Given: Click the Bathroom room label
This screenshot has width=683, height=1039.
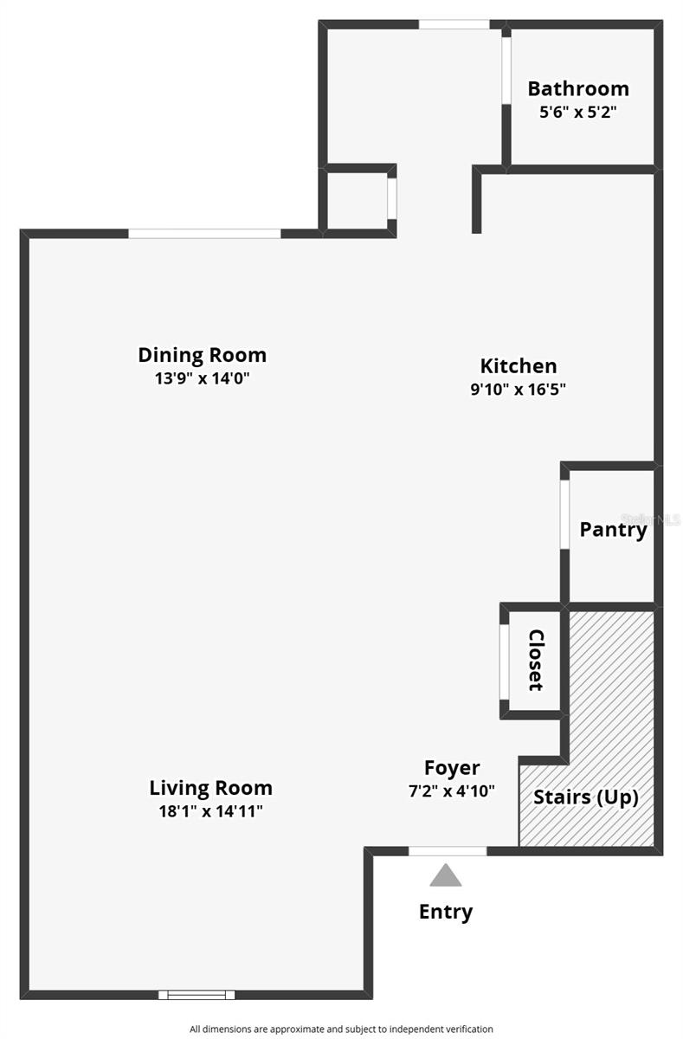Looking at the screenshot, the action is [578, 88].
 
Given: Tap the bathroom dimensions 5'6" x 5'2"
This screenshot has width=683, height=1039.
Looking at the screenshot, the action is [577, 112].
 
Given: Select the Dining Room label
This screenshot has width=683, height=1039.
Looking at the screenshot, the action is [203, 355].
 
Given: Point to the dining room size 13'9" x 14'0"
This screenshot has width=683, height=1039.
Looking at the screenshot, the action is [203, 378].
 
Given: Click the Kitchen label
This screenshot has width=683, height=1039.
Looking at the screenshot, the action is [519, 366].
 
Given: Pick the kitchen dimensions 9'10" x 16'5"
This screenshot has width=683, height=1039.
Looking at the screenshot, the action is [518, 389].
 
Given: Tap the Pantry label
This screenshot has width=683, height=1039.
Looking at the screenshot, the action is [614, 530].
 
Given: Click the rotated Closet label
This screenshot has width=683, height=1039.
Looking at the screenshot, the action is [536, 660].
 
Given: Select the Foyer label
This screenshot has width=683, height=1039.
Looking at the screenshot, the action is [452, 769].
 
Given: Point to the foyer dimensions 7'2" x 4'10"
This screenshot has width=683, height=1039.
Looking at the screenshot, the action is [452, 791].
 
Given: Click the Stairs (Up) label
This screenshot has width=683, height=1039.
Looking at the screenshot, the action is [586, 797].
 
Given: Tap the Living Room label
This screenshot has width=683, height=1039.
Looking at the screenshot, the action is [210, 788].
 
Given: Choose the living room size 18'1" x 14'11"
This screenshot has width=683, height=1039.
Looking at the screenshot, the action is [210, 811].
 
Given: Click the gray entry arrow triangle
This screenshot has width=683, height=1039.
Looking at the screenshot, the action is [446, 875].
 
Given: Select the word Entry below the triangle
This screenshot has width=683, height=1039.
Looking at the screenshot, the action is [446, 913].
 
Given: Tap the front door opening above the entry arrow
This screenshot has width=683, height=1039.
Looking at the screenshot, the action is [448, 850].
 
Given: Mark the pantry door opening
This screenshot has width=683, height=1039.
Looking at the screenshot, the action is [564, 514].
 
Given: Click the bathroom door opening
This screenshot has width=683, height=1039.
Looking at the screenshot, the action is [506, 70].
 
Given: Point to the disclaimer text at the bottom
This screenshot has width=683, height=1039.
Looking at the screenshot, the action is [341, 1029].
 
